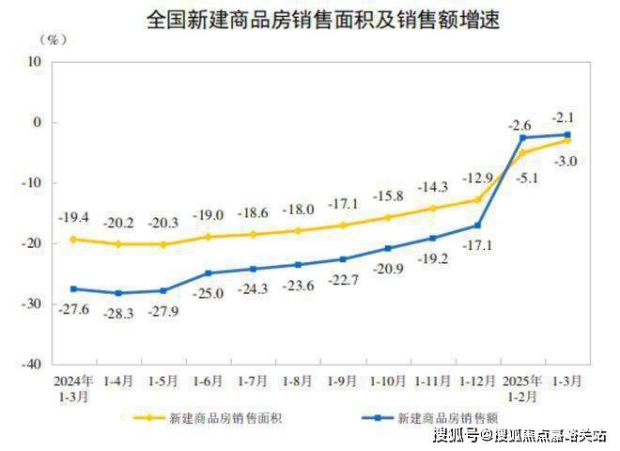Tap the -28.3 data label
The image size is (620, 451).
click(118, 311)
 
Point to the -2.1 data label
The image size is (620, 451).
click(566, 117)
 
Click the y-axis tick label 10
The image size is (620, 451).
click(35, 62)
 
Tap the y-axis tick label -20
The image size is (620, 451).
click(32, 243)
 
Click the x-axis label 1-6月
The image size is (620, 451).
click(209, 381)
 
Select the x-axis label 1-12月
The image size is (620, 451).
click(477, 381)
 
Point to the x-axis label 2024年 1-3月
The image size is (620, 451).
click(73, 388)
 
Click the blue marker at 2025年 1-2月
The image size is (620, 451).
click(521, 138)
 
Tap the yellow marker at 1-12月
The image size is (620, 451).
click(477, 199)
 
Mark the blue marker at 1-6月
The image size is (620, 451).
click(209, 273)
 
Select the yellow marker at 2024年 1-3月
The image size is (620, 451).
click(73, 239)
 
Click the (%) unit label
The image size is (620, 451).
click(53, 40)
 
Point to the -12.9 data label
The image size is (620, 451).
click(477, 178)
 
